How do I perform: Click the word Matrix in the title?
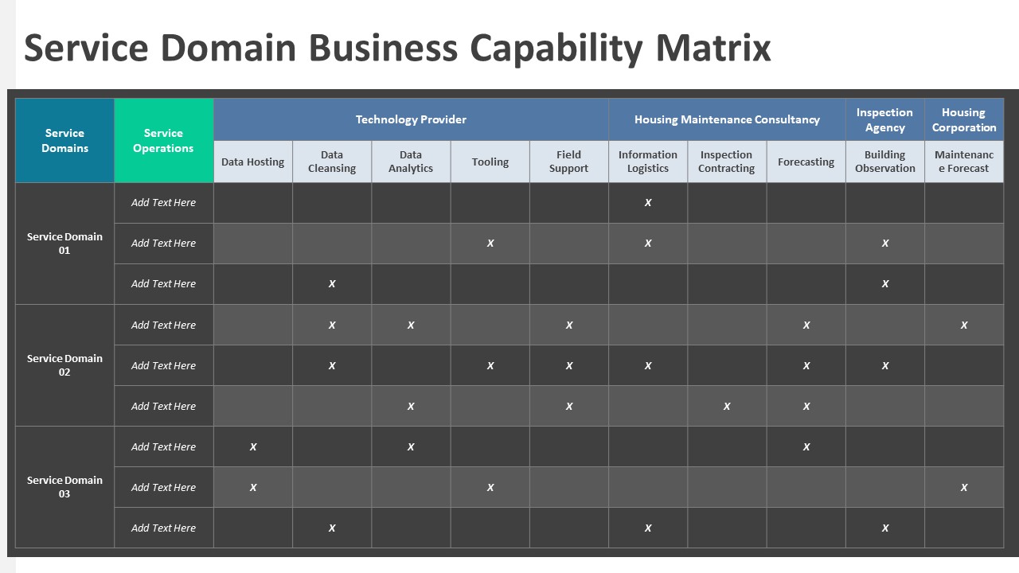click(x=713, y=48)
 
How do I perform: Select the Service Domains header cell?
click(x=64, y=141)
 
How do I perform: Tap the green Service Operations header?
click(x=163, y=141)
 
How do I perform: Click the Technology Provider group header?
click(x=411, y=119)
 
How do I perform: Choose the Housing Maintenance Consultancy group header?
click(x=727, y=119)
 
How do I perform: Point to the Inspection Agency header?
click(x=884, y=119)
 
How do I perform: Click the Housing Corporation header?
click(x=963, y=119)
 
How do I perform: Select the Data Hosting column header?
click(x=252, y=162)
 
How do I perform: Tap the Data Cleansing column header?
click(x=332, y=162)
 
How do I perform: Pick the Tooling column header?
click(x=490, y=162)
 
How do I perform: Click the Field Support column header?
click(x=568, y=162)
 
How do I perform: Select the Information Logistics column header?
click(x=647, y=162)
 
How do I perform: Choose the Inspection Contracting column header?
click(x=726, y=162)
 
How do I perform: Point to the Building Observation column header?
click(x=884, y=162)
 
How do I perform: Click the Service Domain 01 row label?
click(x=64, y=244)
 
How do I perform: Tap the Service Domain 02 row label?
click(x=64, y=365)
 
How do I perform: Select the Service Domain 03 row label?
click(x=64, y=487)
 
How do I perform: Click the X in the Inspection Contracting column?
click(x=727, y=406)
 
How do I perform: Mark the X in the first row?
click(x=648, y=203)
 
